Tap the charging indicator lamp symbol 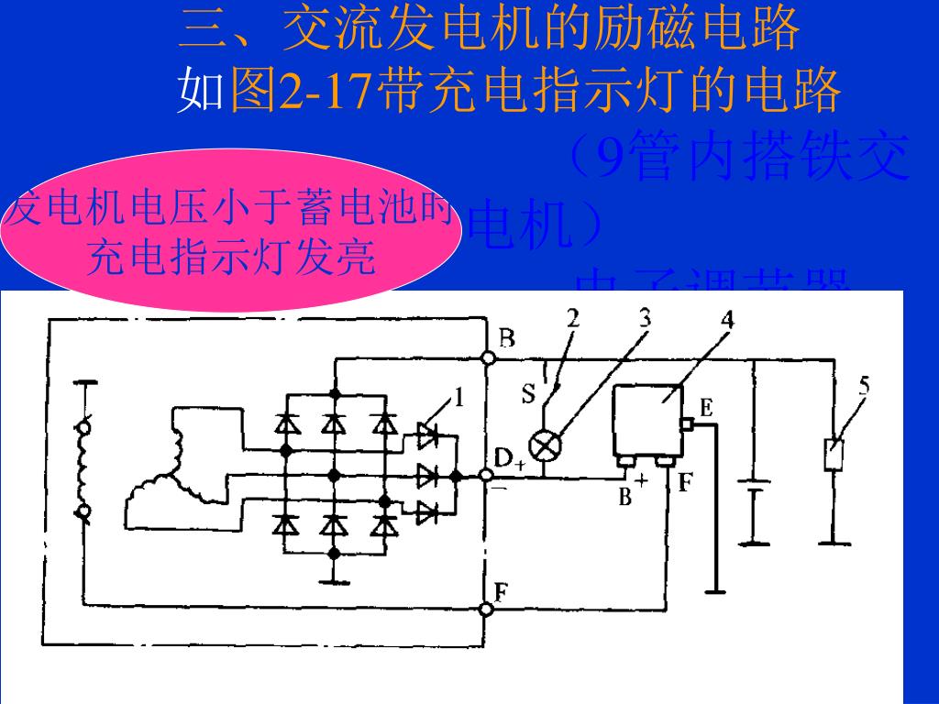[x=547, y=446]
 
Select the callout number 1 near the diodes [x=458, y=398]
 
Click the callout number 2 [x=573, y=319]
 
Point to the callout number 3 [x=646, y=318]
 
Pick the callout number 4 [x=727, y=320]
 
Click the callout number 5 [x=864, y=385]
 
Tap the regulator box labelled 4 [x=646, y=423]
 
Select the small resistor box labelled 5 [x=834, y=455]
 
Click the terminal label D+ [x=508, y=458]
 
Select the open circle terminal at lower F [x=486, y=609]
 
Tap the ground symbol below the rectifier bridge [x=335, y=577]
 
